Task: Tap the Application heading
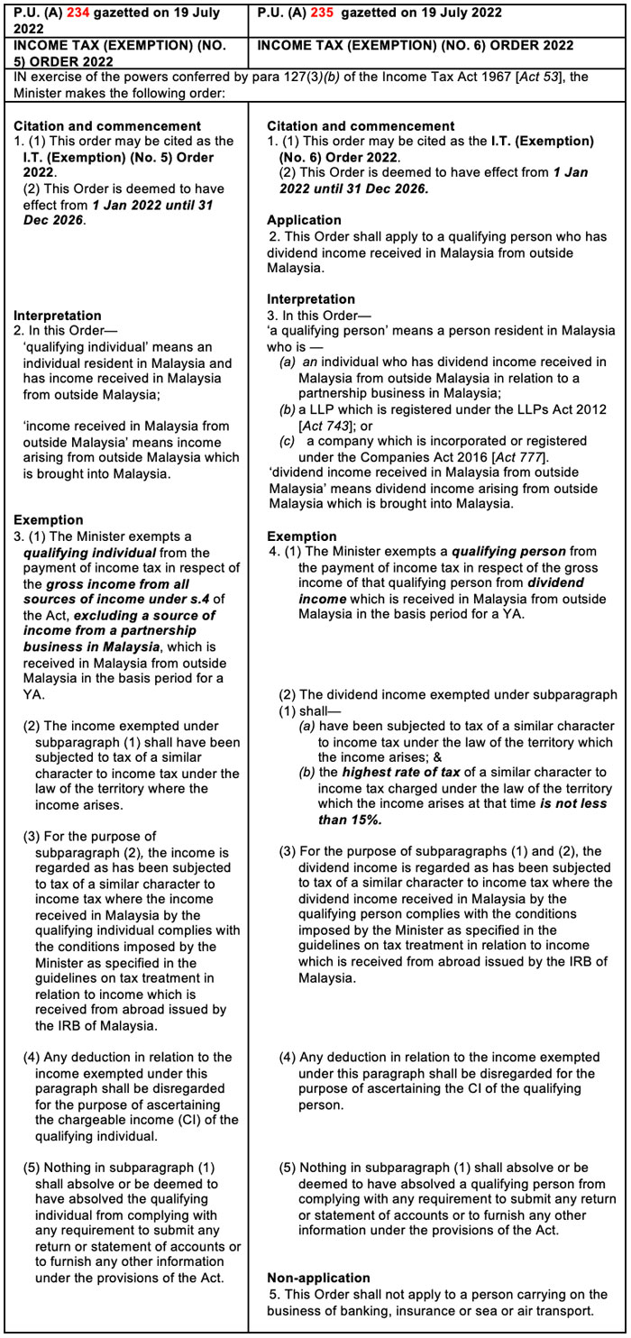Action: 304,220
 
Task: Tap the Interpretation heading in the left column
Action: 58,316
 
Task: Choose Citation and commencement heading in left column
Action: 107,126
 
